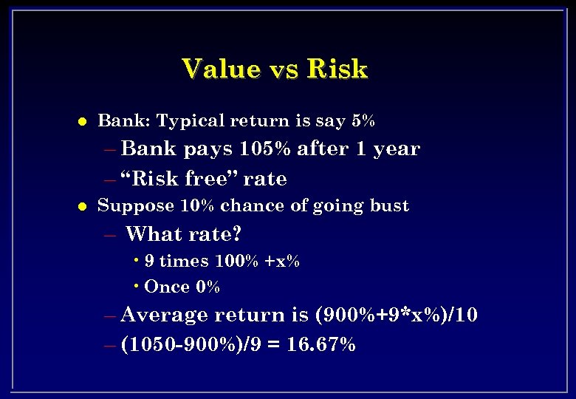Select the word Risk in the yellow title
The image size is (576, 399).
[x=337, y=69]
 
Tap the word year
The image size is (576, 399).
[x=396, y=149]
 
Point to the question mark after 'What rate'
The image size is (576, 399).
[x=236, y=235]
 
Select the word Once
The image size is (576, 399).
[x=167, y=287]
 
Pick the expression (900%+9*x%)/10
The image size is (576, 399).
[x=397, y=316]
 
